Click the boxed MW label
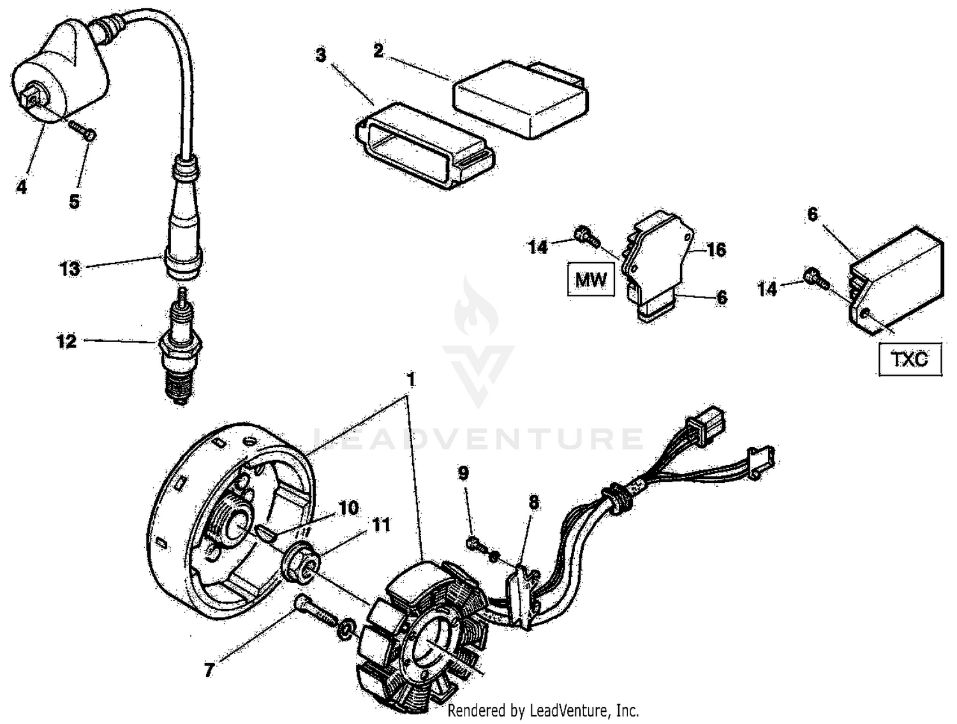(x=591, y=280)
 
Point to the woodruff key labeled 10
(x=266, y=532)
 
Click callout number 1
(x=412, y=380)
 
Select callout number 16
(x=716, y=249)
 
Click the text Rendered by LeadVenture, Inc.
(x=543, y=710)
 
